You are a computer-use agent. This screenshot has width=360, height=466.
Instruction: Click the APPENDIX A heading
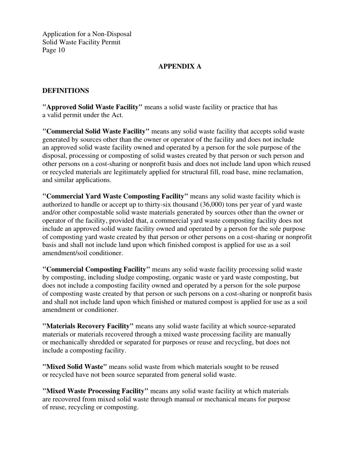click(180, 67)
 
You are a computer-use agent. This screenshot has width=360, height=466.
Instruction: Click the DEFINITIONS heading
click(66, 91)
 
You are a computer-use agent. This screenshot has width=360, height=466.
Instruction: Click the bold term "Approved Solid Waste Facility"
click(92, 107)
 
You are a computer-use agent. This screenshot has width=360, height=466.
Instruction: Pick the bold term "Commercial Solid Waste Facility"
click(96, 131)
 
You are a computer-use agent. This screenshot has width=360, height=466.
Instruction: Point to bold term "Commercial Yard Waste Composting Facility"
click(115, 196)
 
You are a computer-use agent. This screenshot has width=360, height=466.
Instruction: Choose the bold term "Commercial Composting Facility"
click(96, 269)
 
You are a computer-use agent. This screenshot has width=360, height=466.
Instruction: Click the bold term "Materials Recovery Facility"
click(88, 326)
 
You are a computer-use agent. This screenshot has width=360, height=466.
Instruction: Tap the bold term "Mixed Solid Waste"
click(75, 367)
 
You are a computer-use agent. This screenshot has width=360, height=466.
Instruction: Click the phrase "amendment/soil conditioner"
click(82, 253)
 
